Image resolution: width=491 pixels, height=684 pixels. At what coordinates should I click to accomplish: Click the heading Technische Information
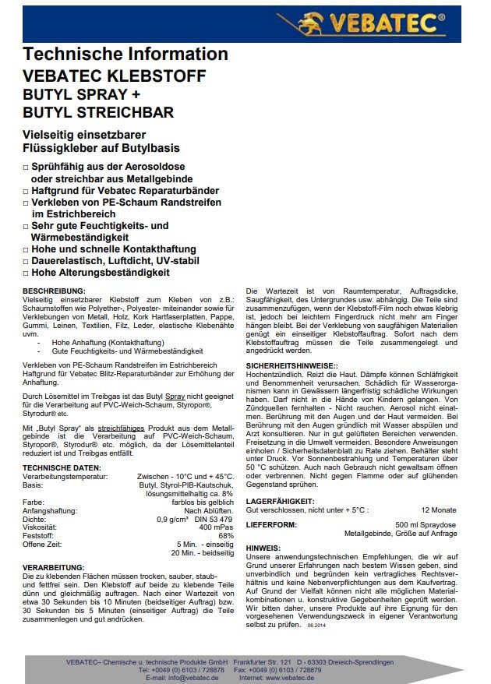125,54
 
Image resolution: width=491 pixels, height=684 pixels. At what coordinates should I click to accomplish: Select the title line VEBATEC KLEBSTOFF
115,76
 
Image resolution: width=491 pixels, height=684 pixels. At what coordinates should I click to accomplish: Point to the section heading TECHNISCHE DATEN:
61,467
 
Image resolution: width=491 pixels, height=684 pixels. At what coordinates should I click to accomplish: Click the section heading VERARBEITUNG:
53,566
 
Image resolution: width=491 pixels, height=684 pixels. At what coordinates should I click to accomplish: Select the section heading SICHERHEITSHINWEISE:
292,365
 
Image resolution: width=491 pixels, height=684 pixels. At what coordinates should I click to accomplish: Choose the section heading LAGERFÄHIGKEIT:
281,502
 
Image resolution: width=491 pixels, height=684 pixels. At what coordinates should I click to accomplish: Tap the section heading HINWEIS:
263,548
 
